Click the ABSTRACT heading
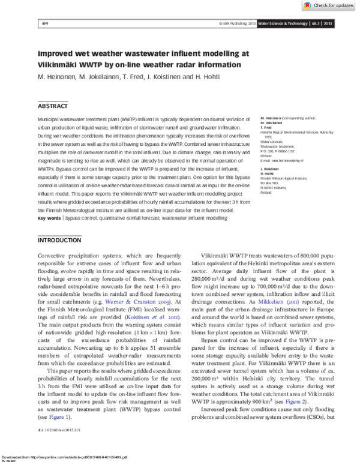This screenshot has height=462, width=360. point(53,106)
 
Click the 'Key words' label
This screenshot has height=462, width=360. point(49,218)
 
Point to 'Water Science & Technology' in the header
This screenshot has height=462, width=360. point(281,23)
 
